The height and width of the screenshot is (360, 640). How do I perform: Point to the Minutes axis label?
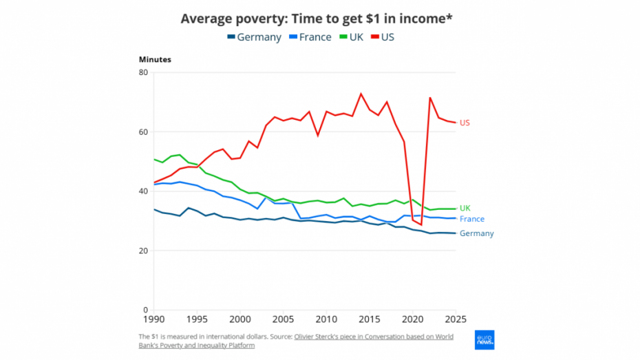(x=155, y=59)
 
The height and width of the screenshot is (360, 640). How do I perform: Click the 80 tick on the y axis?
(x=143, y=72)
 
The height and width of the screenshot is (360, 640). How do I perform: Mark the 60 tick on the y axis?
(x=143, y=132)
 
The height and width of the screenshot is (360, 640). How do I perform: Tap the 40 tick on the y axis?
(x=143, y=191)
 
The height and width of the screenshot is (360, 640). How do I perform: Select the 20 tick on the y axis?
(x=143, y=251)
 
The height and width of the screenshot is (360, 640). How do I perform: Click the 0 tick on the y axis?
(x=145, y=310)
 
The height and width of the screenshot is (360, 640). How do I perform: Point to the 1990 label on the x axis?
(x=154, y=320)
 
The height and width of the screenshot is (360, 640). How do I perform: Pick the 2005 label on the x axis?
(x=283, y=320)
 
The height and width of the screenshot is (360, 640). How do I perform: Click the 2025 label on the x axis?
(x=455, y=320)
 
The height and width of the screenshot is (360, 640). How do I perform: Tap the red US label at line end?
(x=465, y=123)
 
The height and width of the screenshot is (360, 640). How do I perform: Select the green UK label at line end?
(x=465, y=208)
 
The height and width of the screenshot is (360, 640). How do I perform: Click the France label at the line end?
(x=472, y=220)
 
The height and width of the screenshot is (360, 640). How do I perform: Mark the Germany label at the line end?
(x=476, y=234)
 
